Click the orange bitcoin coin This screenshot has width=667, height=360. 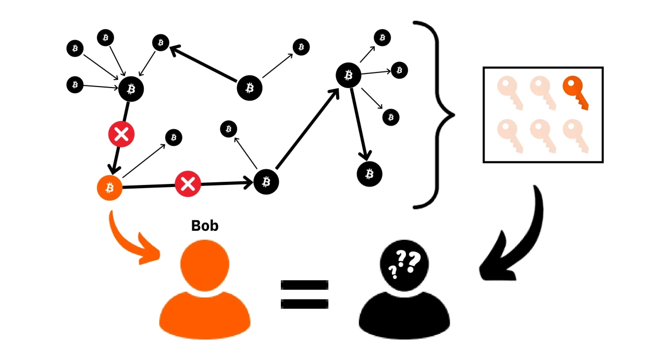[x=109, y=187]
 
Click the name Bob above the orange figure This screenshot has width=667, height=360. [x=205, y=226]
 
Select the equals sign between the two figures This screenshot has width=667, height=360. [x=304, y=294]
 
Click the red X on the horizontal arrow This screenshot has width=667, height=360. [x=188, y=184]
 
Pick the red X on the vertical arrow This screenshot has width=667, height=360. [x=121, y=134]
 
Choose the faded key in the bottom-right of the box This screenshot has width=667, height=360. [x=575, y=134]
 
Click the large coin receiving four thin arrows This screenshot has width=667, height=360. [x=131, y=89]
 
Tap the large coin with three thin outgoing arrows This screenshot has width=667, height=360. [x=348, y=75]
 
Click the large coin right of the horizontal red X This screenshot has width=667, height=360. [x=266, y=182]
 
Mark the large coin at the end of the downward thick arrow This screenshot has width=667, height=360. [x=369, y=173]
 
